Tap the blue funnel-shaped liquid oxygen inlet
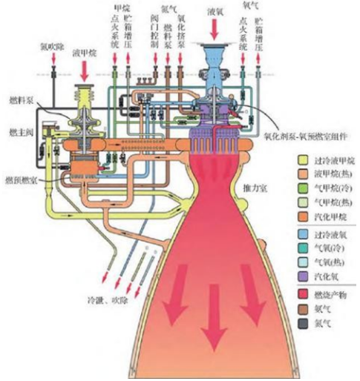[215, 56]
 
